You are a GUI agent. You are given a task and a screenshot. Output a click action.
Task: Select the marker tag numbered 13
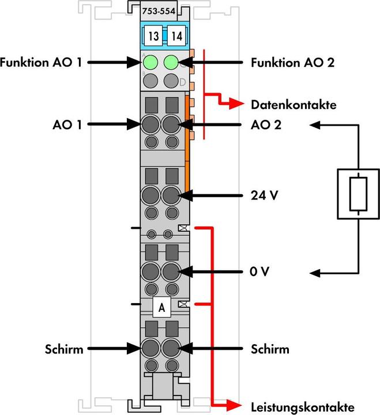pyautogui.click(x=153, y=36)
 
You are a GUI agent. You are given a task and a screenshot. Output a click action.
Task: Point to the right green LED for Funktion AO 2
pyautogui.click(x=171, y=62)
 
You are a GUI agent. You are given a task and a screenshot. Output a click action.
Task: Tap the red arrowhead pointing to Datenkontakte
pyautogui.click(x=238, y=105)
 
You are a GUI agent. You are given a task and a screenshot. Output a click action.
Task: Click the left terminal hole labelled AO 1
pyautogui.click(x=151, y=124)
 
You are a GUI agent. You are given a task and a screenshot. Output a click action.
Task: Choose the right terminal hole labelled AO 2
pyautogui.click(x=171, y=124)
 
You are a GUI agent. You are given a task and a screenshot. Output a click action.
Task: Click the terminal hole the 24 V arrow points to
pyautogui.click(x=171, y=195)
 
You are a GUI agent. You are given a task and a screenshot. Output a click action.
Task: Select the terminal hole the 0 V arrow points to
pyautogui.click(x=171, y=271)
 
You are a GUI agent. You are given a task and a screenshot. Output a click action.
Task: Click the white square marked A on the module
pyautogui.click(x=162, y=308)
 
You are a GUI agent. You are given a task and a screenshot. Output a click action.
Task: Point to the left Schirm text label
pyautogui.click(x=64, y=349)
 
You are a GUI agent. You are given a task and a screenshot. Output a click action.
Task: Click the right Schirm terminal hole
pyautogui.click(x=171, y=349)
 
